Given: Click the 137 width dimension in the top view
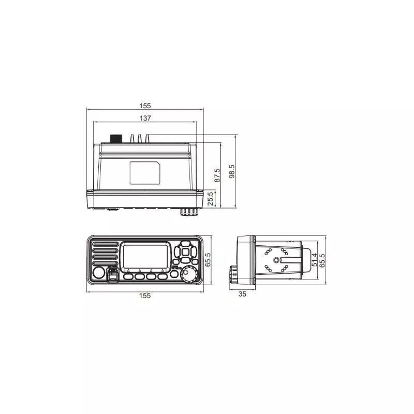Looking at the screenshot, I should (145, 118).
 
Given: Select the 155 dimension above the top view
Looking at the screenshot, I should (145, 106).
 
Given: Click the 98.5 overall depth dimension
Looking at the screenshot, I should (231, 170).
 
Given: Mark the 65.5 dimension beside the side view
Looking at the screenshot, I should (322, 259).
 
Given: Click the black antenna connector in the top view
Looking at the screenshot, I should (116, 139).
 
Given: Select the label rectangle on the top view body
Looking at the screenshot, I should (145, 172).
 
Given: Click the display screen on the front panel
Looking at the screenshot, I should (145, 255).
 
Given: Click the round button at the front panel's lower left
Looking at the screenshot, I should (99, 274).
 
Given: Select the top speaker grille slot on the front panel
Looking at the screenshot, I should (105, 243).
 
